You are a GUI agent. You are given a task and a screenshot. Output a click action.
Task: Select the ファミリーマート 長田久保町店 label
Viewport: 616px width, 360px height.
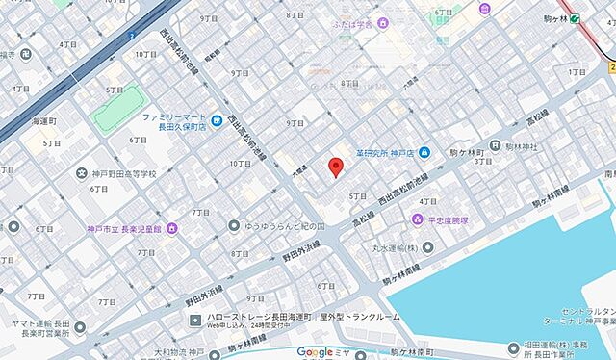tap(174, 121)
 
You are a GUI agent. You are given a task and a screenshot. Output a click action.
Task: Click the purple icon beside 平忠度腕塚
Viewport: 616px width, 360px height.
tap(417, 220)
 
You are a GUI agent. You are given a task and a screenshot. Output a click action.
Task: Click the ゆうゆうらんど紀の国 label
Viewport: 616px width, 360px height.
tap(280, 225)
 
